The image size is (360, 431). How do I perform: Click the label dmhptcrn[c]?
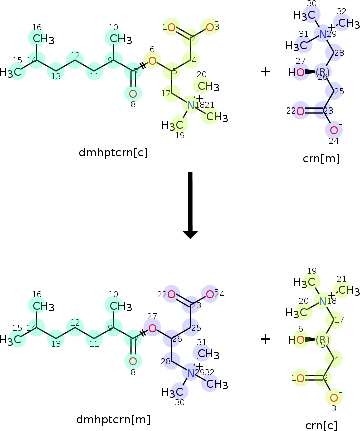113,152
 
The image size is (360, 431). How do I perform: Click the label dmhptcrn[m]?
113,419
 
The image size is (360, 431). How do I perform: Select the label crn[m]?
321,158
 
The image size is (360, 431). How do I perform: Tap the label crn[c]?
321,425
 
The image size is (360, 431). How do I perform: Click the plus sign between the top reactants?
265,72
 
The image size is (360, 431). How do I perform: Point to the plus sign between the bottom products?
265,339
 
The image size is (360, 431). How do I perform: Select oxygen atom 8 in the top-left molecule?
133,94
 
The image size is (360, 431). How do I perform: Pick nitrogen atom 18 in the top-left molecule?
190,105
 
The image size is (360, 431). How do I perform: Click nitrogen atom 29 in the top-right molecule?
323,34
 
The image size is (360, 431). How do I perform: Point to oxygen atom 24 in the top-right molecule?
334,130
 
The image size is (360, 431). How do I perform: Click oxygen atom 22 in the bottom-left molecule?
172,294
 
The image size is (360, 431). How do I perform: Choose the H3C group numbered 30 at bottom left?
172,391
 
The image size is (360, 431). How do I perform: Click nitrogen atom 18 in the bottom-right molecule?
323,301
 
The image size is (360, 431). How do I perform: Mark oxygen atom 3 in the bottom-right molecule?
334,397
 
